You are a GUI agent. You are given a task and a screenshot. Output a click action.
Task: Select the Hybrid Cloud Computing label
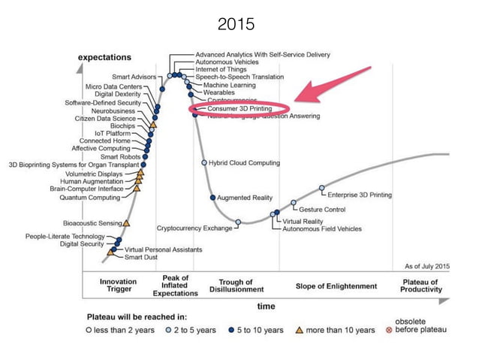(x=244, y=162)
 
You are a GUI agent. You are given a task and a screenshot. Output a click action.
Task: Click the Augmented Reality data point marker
(x=213, y=197)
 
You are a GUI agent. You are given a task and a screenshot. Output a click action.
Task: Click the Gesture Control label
(x=322, y=209)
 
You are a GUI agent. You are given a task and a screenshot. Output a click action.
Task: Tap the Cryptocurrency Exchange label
(x=194, y=227)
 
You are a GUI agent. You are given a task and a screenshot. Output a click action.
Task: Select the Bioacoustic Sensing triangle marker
(x=126, y=222)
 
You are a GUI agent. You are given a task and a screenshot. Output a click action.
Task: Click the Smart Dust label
(x=140, y=257)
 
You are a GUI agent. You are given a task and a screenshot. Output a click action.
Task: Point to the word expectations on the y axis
(x=105, y=57)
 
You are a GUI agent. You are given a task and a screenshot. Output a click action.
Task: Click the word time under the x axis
(x=267, y=306)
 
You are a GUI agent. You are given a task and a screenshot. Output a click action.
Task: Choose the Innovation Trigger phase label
(x=118, y=286)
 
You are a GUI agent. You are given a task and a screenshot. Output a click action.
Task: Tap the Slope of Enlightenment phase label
(x=336, y=286)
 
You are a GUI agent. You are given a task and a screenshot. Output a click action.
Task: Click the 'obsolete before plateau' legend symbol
(x=387, y=330)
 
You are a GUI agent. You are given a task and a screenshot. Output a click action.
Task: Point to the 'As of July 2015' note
(x=426, y=266)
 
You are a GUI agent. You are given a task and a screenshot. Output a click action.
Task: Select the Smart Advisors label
(x=134, y=77)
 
